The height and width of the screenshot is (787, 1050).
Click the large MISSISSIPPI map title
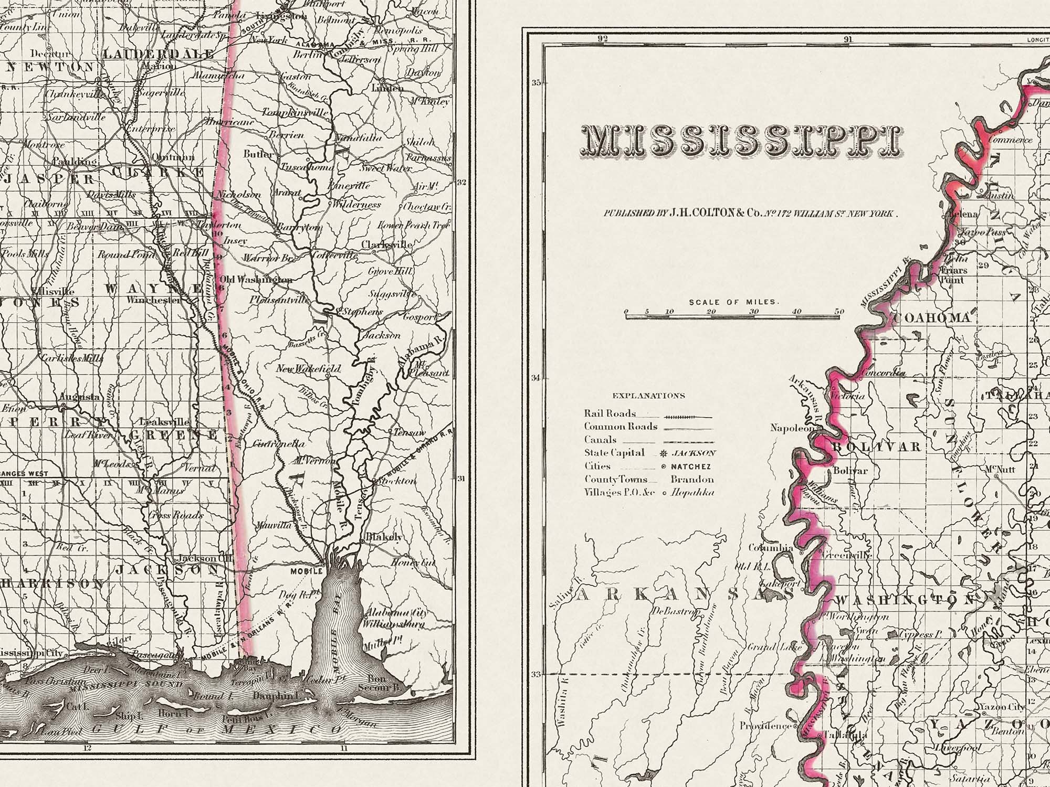[x=740, y=141]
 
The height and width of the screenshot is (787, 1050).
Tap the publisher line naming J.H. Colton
[x=751, y=214]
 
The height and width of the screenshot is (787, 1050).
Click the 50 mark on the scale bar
[x=839, y=312]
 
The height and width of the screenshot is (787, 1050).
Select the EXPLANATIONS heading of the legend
[x=648, y=396]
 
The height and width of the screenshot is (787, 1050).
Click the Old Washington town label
[x=256, y=280]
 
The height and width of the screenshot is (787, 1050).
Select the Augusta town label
[x=80, y=397]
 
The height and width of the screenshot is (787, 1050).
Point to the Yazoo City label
[x=1002, y=707]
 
